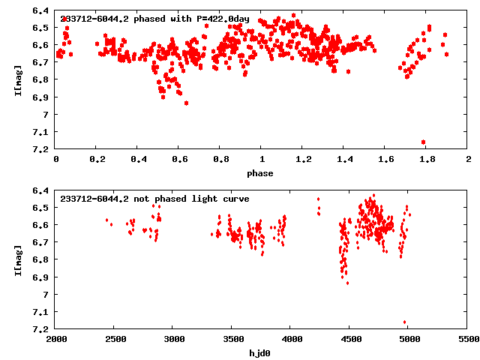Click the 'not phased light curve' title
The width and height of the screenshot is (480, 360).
(x=154, y=199)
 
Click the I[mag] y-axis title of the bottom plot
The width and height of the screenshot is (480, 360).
(x=16, y=259)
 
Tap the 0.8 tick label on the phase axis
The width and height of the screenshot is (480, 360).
(x=220, y=160)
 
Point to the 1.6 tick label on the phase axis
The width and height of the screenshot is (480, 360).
(x=385, y=160)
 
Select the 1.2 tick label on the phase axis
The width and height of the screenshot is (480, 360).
(x=303, y=160)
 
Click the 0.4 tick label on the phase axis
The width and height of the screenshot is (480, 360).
(x=138, y=160)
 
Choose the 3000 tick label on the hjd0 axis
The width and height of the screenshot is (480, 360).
(x=174, y=340)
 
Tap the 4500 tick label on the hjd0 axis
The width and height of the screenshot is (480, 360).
(x=350, y=340)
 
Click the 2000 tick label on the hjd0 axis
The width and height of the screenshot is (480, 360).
(x=57, y=340)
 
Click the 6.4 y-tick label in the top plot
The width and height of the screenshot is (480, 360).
(x=42, y=10)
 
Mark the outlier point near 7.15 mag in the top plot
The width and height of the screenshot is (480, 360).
(x=423, y=142)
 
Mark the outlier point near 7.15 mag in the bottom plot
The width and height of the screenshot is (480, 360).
(x=405, y=322)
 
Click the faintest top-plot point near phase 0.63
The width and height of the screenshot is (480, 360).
(x=186, y=103)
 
